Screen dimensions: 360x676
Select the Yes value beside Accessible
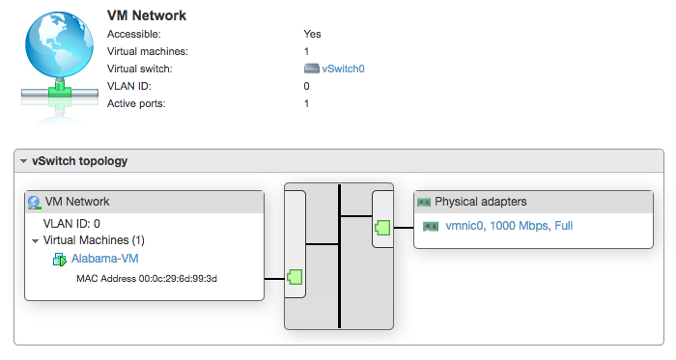[x=312, y=34]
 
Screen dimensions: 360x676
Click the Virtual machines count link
[x=306, y=51]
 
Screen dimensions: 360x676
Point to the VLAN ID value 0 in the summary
[x=306, y=86]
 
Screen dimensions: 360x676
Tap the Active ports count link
[x=306, y=103]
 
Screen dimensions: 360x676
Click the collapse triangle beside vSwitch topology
[x=23, y=161]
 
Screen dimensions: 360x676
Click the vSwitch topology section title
[x=79, y=161]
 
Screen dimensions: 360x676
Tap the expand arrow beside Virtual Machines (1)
[x=35, y=240]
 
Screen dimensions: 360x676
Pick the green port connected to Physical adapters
[x=382, y=228]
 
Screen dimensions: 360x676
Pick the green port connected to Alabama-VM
[x=296, y=278]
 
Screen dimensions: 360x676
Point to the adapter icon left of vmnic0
[x=431, y=226]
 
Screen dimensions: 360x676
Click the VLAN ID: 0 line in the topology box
[x=72, y=223]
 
